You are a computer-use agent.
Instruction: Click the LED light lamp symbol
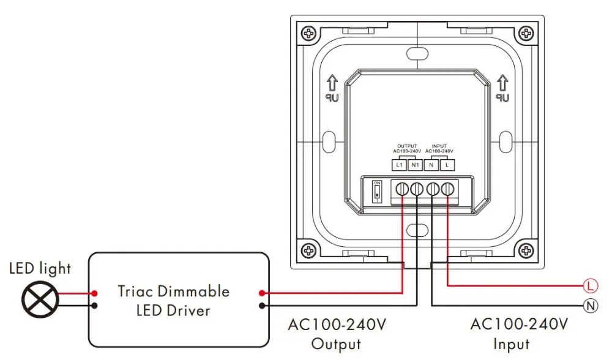[x=40, y=299]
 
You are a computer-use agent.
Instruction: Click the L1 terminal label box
[x=399, y=165]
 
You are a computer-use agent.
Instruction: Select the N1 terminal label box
[x=414, y=165]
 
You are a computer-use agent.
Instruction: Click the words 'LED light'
[x=40, y=268]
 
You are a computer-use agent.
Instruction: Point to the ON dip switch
[x=377, y=192]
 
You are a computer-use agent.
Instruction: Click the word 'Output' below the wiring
[x=336, y=344]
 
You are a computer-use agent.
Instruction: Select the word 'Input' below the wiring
[x=512, y=344]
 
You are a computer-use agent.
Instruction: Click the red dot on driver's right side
[x=263, y=293]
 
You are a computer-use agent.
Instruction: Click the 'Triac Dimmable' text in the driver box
[x=174, y=291]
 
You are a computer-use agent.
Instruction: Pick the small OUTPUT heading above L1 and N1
[x=406, y=146]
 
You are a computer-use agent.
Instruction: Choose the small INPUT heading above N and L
[x=439, y=146]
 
